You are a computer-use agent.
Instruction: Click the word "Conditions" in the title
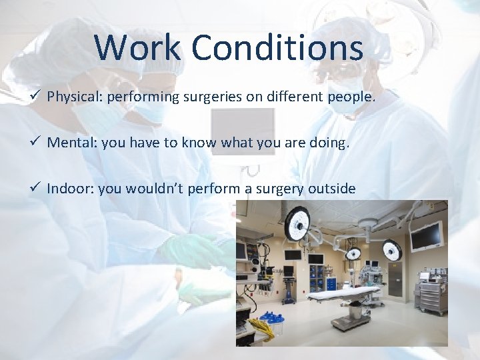[277, 48]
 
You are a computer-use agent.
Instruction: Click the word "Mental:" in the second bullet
[69, 143]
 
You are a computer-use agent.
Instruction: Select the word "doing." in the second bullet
[329, 143]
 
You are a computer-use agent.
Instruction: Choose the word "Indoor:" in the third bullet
[70, 189]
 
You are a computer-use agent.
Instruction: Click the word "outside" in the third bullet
[331, 189]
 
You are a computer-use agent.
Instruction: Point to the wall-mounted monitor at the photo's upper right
[426, 236]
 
